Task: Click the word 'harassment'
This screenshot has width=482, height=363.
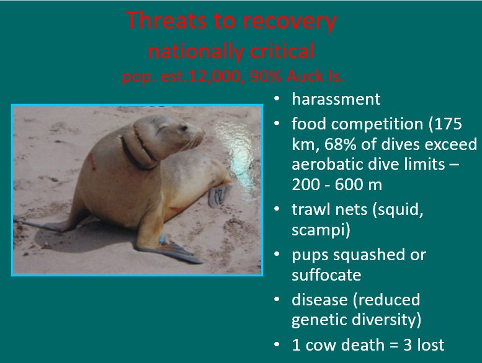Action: coord(336,99)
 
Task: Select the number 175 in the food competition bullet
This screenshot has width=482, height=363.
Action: coord(445,123)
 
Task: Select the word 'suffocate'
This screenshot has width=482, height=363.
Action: coord(326,274)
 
